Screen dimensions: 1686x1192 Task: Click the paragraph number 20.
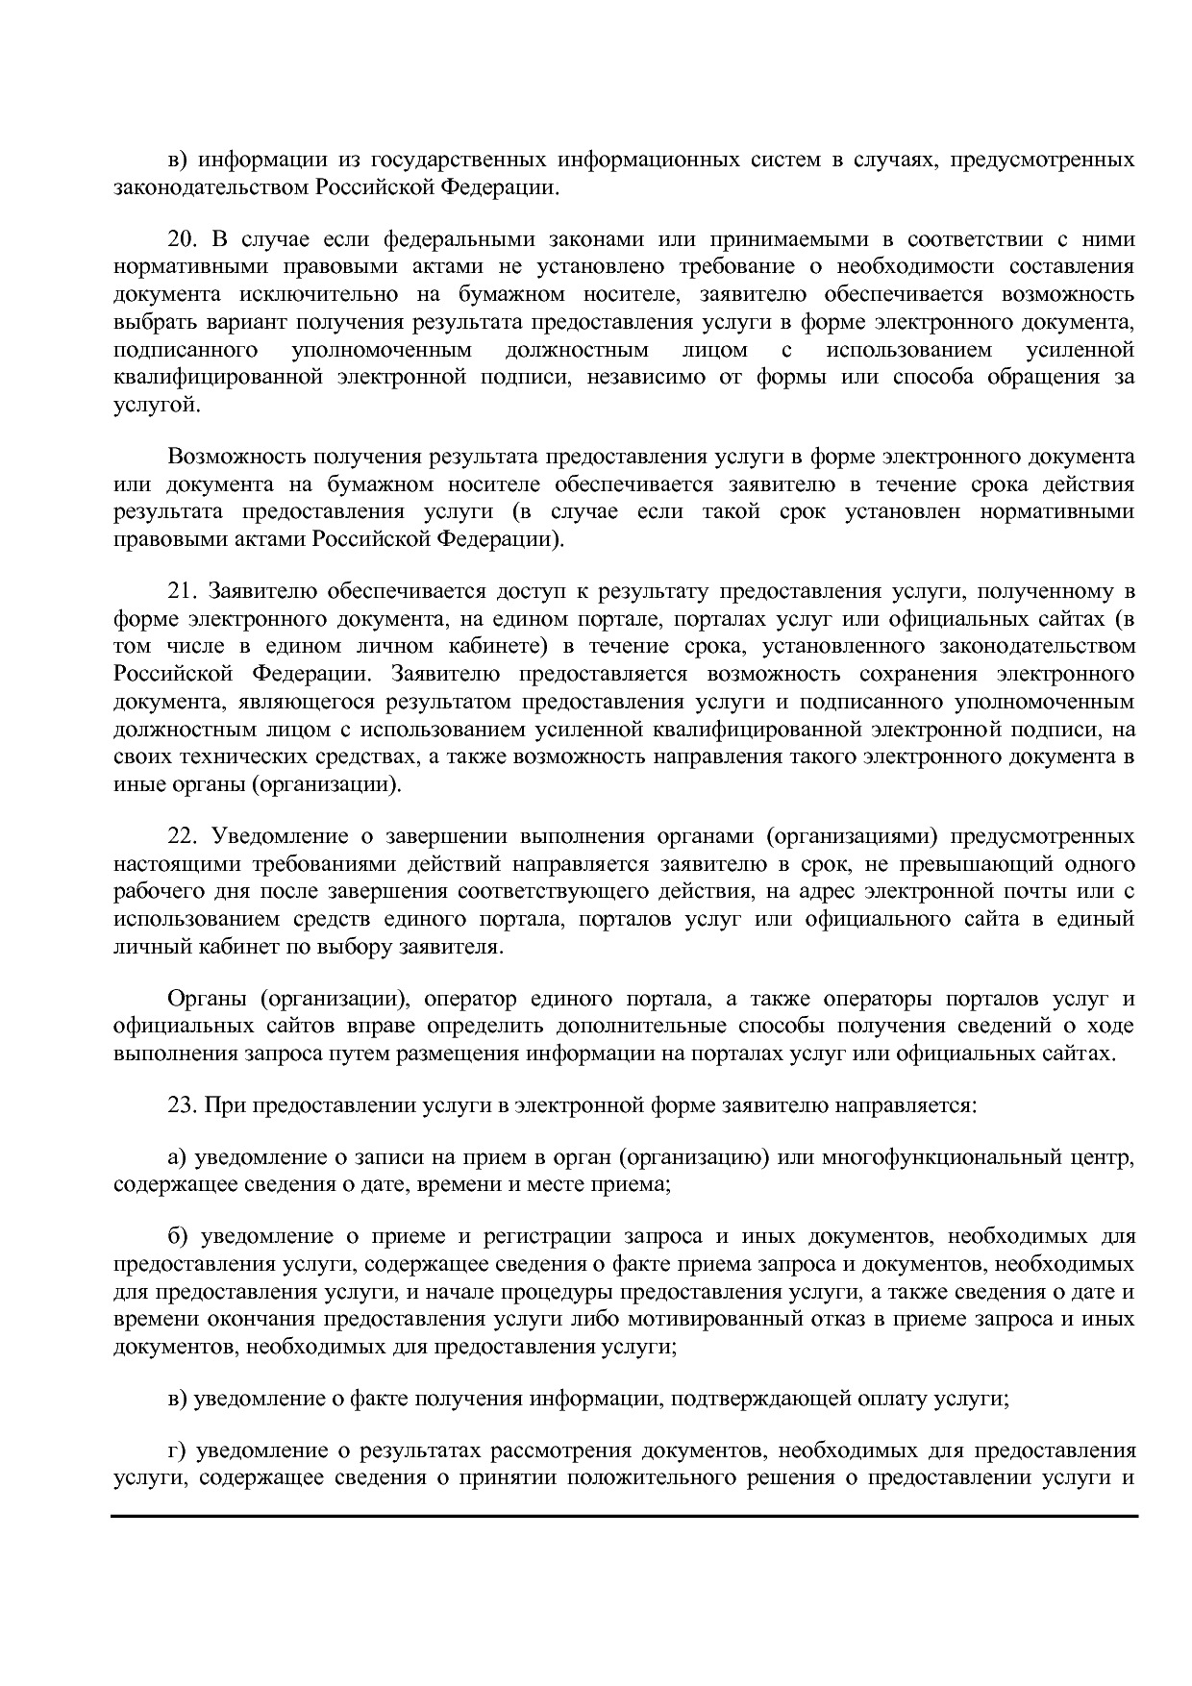click(x=181, y=239)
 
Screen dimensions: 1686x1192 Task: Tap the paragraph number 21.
click(x=181, y=590)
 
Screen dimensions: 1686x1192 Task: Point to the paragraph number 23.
click(x=181, y=1105)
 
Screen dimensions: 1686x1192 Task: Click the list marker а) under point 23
click(x=177, y=1158)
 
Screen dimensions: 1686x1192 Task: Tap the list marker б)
click(x=177, y=1237)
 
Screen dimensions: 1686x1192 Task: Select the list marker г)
click(x=176, y=1451)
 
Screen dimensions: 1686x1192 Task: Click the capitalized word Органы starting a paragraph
click(x=203, y=1000)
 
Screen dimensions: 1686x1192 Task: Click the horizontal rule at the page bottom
click(x=625, y=1516)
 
